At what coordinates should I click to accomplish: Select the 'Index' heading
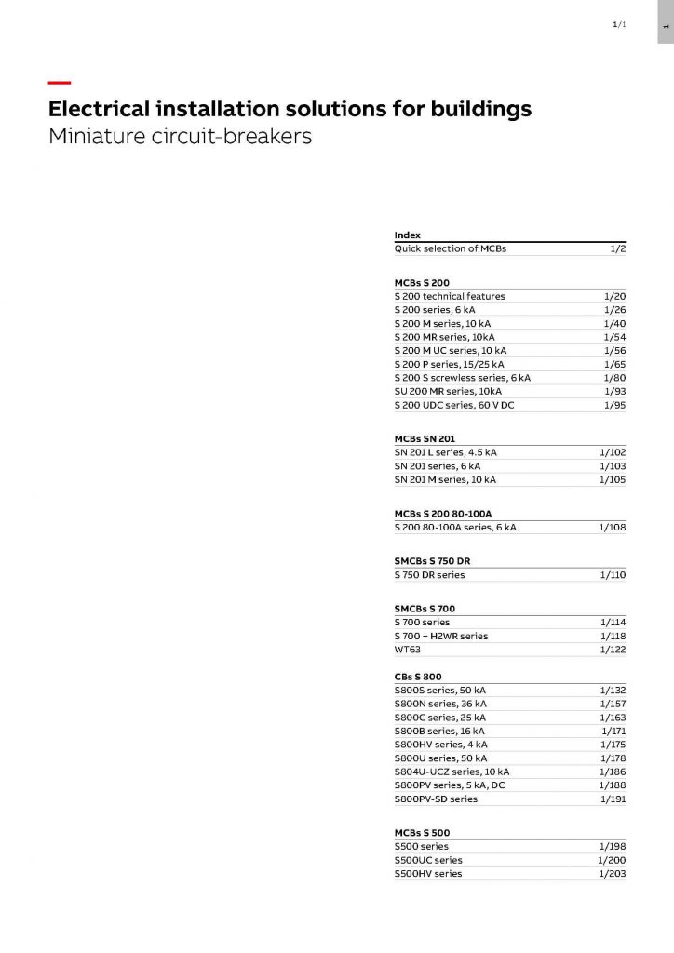pos(407,235)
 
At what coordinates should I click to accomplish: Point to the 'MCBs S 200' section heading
pos(422,282)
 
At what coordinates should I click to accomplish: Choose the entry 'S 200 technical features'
pos(450,296)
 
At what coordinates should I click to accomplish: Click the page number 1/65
pos(614,364)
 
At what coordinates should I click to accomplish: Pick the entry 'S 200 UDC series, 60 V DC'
pos(454,405)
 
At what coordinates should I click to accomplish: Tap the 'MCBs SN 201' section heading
pos(425,438)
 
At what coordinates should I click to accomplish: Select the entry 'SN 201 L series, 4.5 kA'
pos(445,452)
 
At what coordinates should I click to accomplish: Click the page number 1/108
pos(613,528)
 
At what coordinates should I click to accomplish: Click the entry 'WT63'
pos(408,650)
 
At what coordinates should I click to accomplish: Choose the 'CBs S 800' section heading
pos(418,677)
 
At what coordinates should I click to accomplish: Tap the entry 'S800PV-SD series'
pos(436,799)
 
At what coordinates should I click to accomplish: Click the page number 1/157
pos(613,704)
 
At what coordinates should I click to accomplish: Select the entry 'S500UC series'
pos(427,860)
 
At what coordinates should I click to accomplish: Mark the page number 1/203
pos(612,874)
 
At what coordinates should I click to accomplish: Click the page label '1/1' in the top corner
pos(619,24)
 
